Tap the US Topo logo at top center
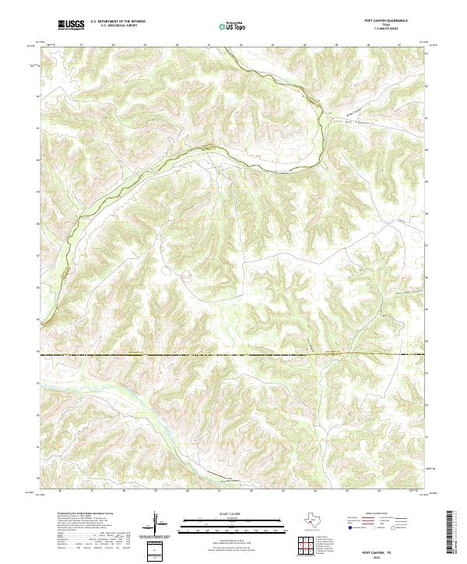click(230, 26)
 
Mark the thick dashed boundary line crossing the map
click(233, 355)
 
